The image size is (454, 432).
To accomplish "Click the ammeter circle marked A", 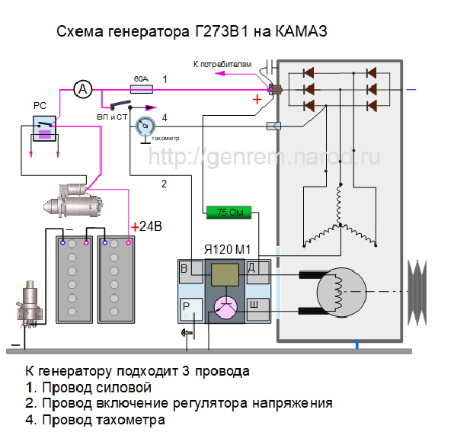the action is (x=83, y=89).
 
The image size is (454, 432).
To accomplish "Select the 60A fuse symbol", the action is (x=142, y=89).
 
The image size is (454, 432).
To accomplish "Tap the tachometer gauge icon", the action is (x=145, y=126).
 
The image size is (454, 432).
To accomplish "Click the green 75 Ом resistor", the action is (x=229, y=213).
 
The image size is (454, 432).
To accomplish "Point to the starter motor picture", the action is (x=73, y=200).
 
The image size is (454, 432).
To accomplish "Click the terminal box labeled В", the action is (x=191, y=272).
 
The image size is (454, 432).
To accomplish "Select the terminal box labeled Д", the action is (x=257, y=272).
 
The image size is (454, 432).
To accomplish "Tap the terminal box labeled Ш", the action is (x=257, y=309).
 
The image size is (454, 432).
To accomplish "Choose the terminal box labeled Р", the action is (x=191, y=309).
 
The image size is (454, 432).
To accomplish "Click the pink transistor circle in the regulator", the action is (x=225, y=308).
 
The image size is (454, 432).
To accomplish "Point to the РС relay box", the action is (x=44, y=129).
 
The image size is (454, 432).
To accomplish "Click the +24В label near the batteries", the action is (x=146, y=226).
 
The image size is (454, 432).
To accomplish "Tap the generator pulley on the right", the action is (x=417, y=293).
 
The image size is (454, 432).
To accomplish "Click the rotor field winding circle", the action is (x=341, y=292).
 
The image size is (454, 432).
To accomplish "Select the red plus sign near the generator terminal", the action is (x=257, y=99).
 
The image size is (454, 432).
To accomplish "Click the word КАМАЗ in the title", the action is (x=301, y=31).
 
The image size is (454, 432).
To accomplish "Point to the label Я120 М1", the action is (x=227, y=249).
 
